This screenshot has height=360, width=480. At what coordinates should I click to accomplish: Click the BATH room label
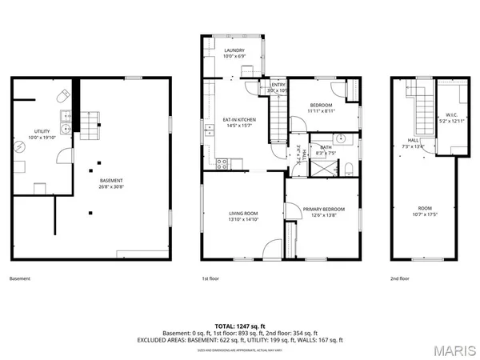[326, 146]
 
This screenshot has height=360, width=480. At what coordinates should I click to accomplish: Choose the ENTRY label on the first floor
[278, 85]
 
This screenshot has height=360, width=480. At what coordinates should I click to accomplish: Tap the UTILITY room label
[42, 131]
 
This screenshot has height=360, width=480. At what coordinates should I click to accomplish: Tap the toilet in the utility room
[62, 96]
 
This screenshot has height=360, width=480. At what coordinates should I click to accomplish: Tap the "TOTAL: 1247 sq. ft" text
[240, 326]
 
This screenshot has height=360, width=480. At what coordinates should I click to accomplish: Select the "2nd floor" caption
[400, 279]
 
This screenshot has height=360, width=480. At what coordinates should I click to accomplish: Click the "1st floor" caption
[210, 279]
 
